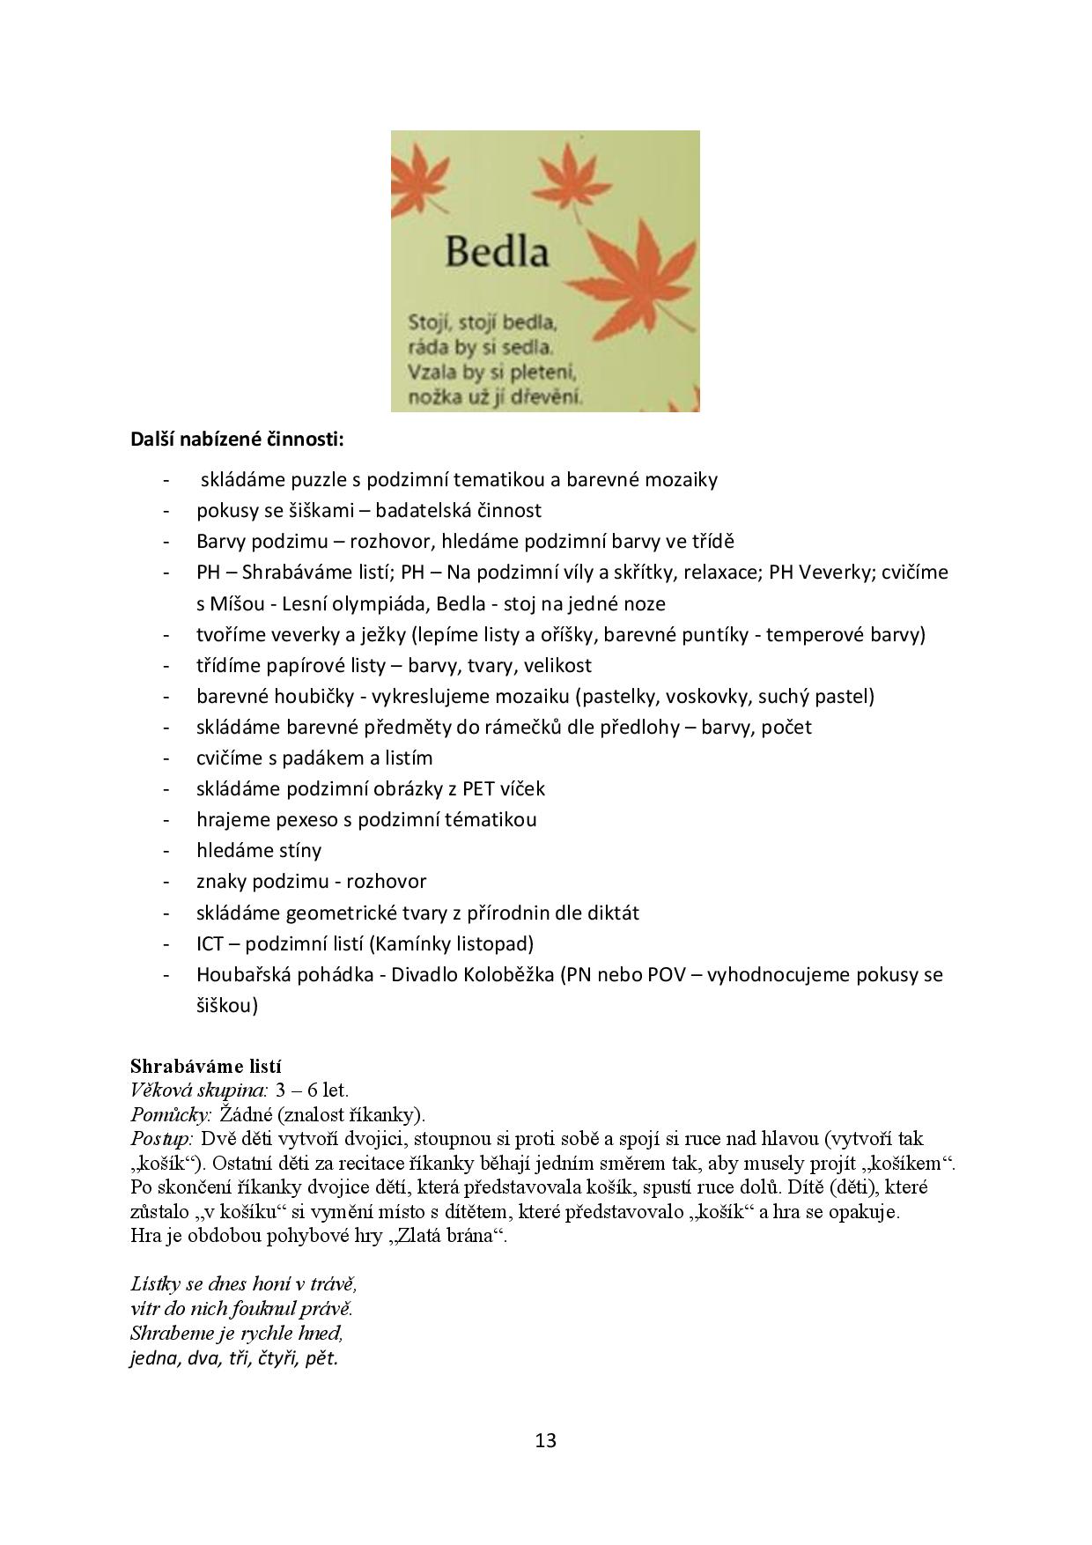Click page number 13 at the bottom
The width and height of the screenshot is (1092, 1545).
pyautogui.click(x=545, y=1440)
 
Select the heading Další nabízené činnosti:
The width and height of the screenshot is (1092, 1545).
pyautogui.click(x=237, y=438)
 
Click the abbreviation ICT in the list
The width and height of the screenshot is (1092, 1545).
pyautogui.click(x=210, y=943)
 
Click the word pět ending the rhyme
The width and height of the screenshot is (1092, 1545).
pyautogui.click(x=321, y=1357)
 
